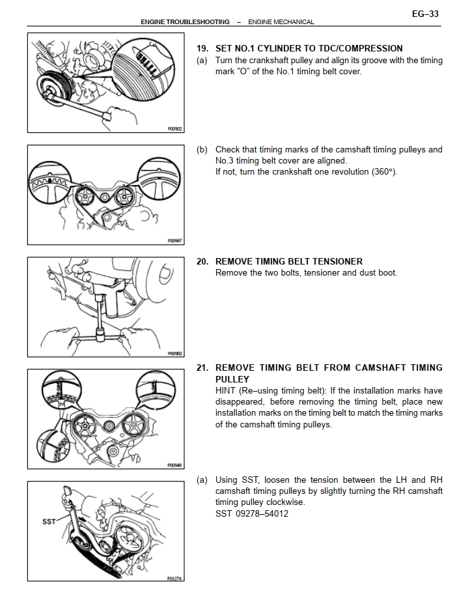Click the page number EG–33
[425, 14]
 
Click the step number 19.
[202, 48]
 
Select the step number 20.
[202, 261]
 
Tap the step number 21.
[202, 368]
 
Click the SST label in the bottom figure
[49, 521]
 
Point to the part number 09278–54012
[262, 514]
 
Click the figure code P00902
[174, 129]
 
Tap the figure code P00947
[174, 240]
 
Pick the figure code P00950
[174, 353]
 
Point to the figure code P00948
[174, 465]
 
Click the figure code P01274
[174, 578]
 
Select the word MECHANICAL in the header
[294, 22]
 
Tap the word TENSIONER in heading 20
[339, 261]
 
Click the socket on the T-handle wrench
[102, 335]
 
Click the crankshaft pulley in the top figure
[54, 88]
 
